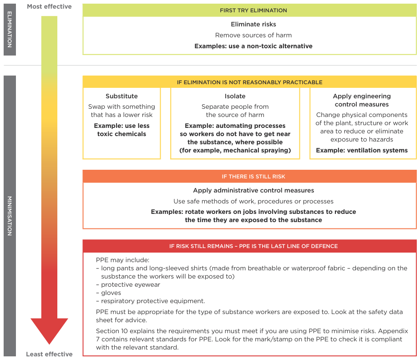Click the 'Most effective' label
click(x=49, y=6)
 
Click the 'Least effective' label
click(x=49, y=354)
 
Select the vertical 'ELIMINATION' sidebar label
click(x=10, y=30)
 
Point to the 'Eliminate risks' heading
click(x=253, y=24)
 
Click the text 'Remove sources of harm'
click(x=253, y=35)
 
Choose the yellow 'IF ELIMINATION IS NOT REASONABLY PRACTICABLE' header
click(x=249, y=82)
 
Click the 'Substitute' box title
click(x=121, y=96)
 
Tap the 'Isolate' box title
click(x=235, y=96)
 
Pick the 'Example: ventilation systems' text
click(x=362, y=150)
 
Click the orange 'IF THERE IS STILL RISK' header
click(x=249, y=176)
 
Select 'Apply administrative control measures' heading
click(x=253, y=190)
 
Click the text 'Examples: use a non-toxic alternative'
click(x=253, y=46)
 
